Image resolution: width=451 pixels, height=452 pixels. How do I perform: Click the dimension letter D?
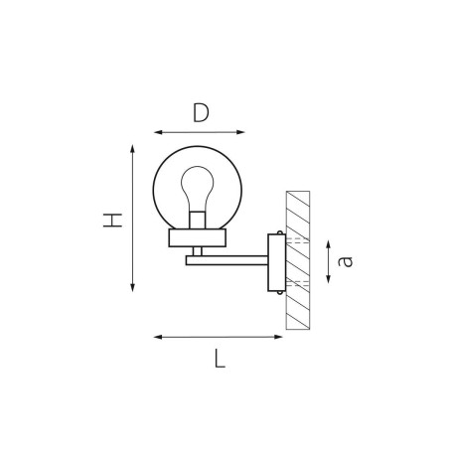click(201, 112)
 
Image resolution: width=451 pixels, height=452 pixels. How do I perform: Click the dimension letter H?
click(112, 221)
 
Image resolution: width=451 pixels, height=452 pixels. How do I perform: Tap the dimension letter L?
click(220, 359)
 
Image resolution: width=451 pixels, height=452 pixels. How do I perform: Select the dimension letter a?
click(345, 261)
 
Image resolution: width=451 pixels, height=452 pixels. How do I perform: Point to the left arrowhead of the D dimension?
click(158, 132)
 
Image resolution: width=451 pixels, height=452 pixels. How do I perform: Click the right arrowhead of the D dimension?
click(240, 132)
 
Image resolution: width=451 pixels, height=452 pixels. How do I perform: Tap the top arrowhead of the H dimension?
click(132, 149)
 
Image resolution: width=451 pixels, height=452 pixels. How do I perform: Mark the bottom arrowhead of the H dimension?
click(132, 288)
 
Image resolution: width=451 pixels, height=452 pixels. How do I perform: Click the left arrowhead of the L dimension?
click(158, 337)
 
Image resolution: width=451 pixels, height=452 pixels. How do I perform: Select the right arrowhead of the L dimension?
click(278, 337)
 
